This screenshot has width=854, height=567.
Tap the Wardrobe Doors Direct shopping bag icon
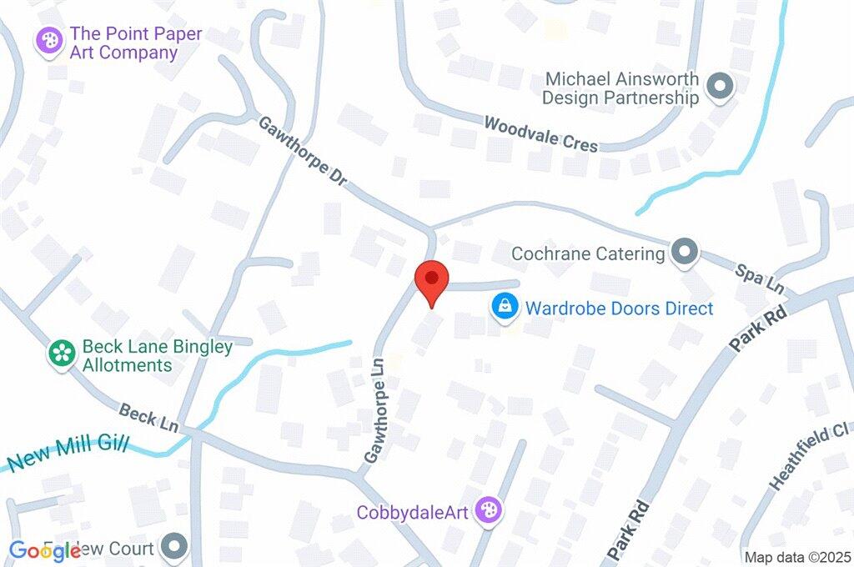(505, 308)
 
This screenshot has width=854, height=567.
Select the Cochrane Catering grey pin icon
(685, 252)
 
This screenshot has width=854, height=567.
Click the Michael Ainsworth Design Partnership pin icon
(718, 85)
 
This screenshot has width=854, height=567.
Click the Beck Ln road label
(149, 417)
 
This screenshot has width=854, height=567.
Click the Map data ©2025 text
(796, 557)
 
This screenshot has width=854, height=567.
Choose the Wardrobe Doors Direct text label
(619, 309)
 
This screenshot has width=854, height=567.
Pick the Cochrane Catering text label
(588, 253)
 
